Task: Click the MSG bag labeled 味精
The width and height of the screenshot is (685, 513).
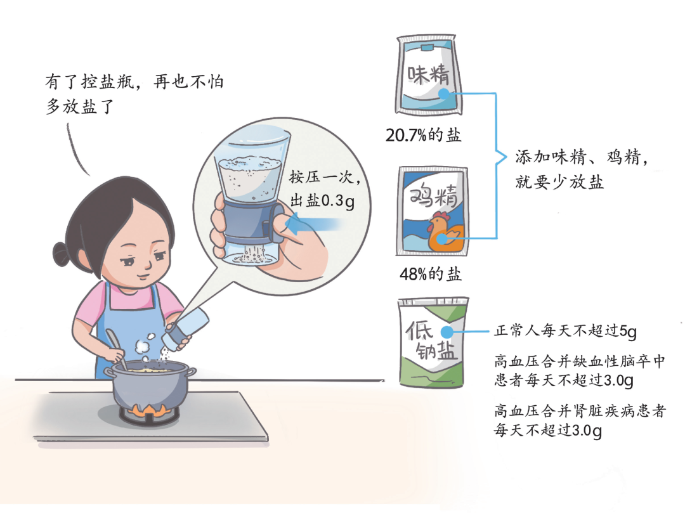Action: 428,75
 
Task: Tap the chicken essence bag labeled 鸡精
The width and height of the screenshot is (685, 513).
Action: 432,211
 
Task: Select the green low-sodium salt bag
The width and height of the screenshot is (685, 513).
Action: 433,342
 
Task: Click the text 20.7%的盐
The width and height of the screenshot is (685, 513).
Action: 423,135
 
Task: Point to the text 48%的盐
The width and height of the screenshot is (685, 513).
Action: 430,274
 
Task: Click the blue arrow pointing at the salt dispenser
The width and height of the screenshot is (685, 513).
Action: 312,224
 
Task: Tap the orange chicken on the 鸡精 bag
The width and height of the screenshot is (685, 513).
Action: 445,231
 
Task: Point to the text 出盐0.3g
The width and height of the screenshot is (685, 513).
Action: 322,201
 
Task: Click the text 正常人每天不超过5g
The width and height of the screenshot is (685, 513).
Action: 565,331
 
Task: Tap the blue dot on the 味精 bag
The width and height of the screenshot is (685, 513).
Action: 443,93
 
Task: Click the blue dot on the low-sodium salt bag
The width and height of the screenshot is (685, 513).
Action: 447,333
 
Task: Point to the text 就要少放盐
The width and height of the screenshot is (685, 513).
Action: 559,181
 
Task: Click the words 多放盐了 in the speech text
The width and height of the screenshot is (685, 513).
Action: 80,107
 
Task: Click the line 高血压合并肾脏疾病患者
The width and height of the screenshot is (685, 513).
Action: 580,411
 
